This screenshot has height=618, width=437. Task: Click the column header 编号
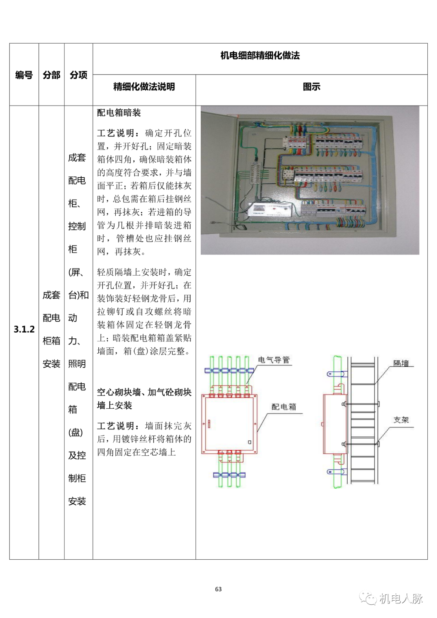24,75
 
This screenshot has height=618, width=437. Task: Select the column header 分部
51,75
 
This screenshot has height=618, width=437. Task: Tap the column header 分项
78,75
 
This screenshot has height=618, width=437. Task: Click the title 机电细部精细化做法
260,56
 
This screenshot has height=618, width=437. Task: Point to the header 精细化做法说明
144,87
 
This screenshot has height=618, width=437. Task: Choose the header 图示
312,87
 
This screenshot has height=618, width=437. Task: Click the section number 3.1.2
24,329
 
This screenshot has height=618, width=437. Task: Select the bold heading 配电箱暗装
119,113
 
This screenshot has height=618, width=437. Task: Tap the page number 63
218,589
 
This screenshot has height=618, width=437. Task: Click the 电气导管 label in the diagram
274,360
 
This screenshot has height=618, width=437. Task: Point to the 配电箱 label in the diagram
284,407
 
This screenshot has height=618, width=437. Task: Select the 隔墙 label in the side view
401,363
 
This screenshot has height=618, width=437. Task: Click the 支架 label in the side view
401,420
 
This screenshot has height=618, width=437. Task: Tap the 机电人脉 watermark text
401,598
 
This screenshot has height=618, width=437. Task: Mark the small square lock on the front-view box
250,442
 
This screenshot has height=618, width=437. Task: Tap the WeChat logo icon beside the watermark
368,598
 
